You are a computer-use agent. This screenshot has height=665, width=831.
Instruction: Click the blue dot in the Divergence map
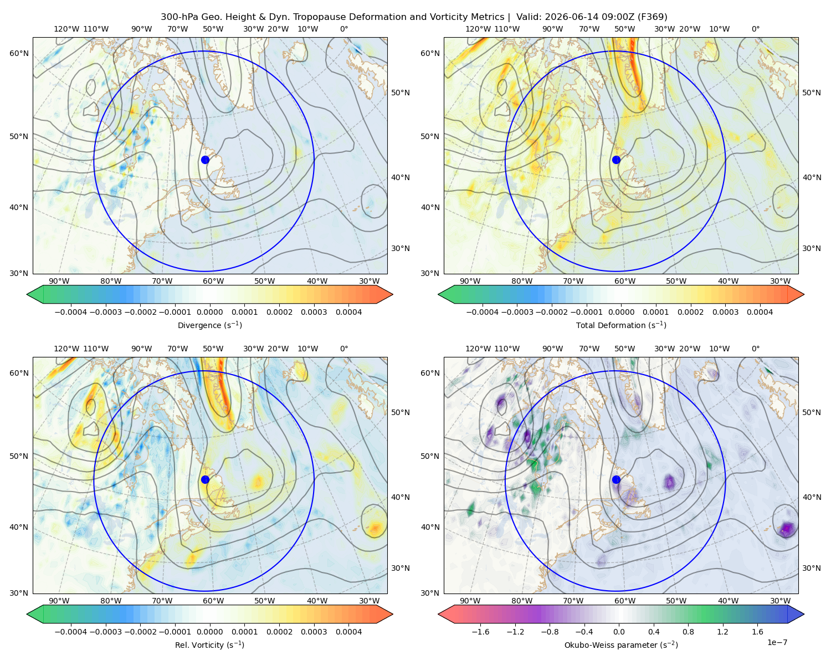pos(205,160)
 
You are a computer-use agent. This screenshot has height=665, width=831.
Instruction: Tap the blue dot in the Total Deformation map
pos(616,160)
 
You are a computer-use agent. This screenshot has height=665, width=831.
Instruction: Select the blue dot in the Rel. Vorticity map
pos(205,479)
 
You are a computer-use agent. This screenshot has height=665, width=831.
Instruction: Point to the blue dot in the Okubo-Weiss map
pos(616,479)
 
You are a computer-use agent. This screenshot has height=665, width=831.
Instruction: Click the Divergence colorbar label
pos(209,325)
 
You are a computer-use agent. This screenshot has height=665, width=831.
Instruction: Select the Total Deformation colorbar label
pos(621,325)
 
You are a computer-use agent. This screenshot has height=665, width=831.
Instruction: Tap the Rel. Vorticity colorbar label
pos(209,644)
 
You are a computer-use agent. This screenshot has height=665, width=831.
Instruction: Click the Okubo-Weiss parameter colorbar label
pos(621,644)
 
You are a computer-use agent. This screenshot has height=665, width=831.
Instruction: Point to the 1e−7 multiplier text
pos(777,642)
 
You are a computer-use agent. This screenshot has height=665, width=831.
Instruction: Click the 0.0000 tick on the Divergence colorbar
pos(209,312)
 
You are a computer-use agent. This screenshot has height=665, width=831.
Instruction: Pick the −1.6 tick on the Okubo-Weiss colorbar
pos(480,632)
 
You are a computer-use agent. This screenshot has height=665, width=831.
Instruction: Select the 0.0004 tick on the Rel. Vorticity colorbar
pos(348,632)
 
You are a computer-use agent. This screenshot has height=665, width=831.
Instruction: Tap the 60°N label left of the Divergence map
pos(19,53)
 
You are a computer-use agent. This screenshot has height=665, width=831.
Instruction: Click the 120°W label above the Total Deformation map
pos(478,29)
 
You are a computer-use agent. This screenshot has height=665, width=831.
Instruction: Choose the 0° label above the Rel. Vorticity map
pos(344,349)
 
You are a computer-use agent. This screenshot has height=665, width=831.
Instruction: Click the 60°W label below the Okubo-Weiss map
pos(624,601)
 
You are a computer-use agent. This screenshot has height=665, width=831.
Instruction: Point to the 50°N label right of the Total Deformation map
pos(812,93)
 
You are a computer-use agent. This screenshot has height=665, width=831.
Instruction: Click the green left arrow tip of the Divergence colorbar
pos(27,294)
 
